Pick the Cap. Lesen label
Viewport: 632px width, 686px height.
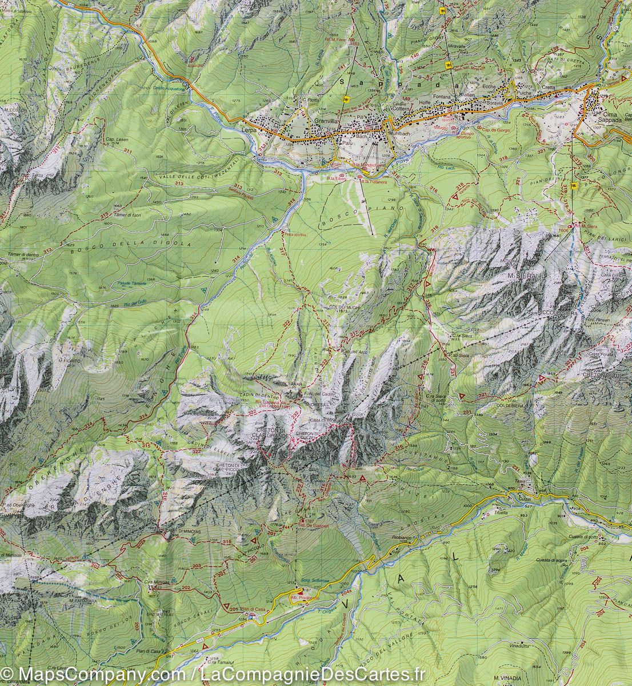(117, 140)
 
